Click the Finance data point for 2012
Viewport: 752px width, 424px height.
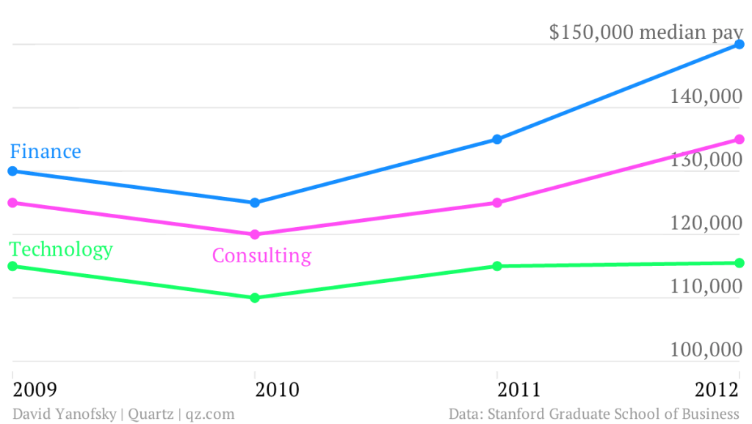740,45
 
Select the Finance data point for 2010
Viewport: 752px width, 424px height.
255,203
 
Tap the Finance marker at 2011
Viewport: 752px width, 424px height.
497,140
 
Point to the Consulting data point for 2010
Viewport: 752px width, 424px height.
255,235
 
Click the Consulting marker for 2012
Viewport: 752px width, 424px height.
740,140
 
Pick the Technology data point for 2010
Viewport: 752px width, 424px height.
255,298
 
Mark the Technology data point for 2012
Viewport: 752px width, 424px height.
740,263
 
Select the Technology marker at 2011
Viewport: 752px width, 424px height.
497,266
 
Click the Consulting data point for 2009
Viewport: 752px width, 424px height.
12,203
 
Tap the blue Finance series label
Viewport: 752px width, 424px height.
46,151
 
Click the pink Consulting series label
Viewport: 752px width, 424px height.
261,256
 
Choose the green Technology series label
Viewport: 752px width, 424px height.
61,249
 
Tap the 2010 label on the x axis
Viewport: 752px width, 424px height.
277,389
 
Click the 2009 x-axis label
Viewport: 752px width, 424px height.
35,389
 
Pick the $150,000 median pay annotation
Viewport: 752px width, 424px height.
646,32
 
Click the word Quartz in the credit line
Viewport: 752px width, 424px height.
151,414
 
